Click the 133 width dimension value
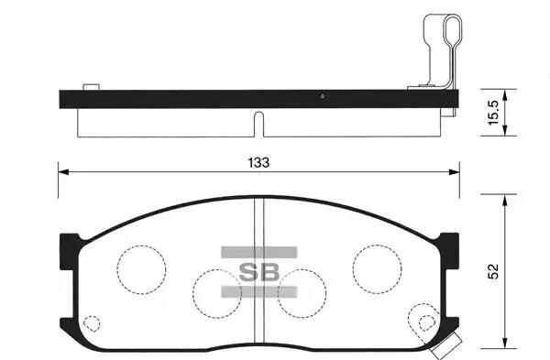(x=258, y=163)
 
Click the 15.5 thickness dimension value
(x=493, y=112)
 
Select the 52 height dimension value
(x=493, y=271)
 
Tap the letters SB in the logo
(x=258, y=272)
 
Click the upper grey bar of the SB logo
(x=258, y=253)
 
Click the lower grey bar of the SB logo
(x=258, y=292)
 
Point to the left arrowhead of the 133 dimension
(x=63, y=172)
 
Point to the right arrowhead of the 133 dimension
(x=455, y=172)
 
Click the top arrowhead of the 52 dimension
(x=505, y=200)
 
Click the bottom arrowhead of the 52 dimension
(x=505, y=344)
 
